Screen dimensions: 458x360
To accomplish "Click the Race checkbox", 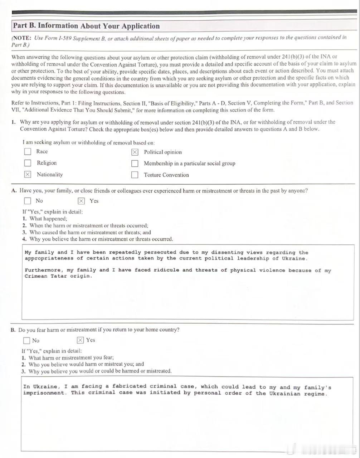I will [x=28, y=151].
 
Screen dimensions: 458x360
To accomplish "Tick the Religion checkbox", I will [x=28, y=163].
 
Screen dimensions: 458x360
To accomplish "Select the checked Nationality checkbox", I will [x=28, y=174].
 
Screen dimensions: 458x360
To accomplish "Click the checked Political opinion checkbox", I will [x=135, y=152].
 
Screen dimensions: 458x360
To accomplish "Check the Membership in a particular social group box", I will [x=135, y=164].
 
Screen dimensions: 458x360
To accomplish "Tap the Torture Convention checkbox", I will [x=135, y=175].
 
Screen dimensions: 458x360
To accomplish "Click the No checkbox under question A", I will [x=27, y=201].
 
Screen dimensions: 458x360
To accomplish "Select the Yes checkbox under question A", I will [x=81, y=201].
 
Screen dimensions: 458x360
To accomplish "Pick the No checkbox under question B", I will [x=26, y=340].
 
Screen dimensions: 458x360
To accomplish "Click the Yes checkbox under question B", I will [x=80, y=340].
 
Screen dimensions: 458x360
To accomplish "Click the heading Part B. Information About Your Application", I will [x=86, y=26].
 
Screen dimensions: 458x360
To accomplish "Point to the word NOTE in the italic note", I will [x=22, y=38].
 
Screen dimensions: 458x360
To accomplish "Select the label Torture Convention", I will [x=166, y=175].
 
